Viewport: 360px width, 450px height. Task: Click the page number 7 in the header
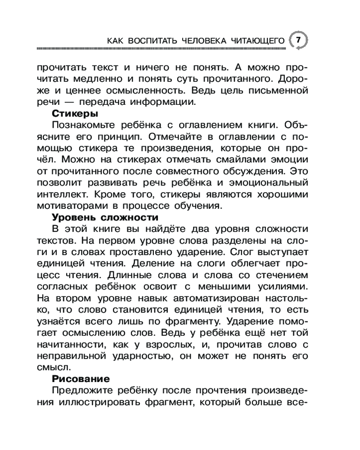[298, 40]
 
